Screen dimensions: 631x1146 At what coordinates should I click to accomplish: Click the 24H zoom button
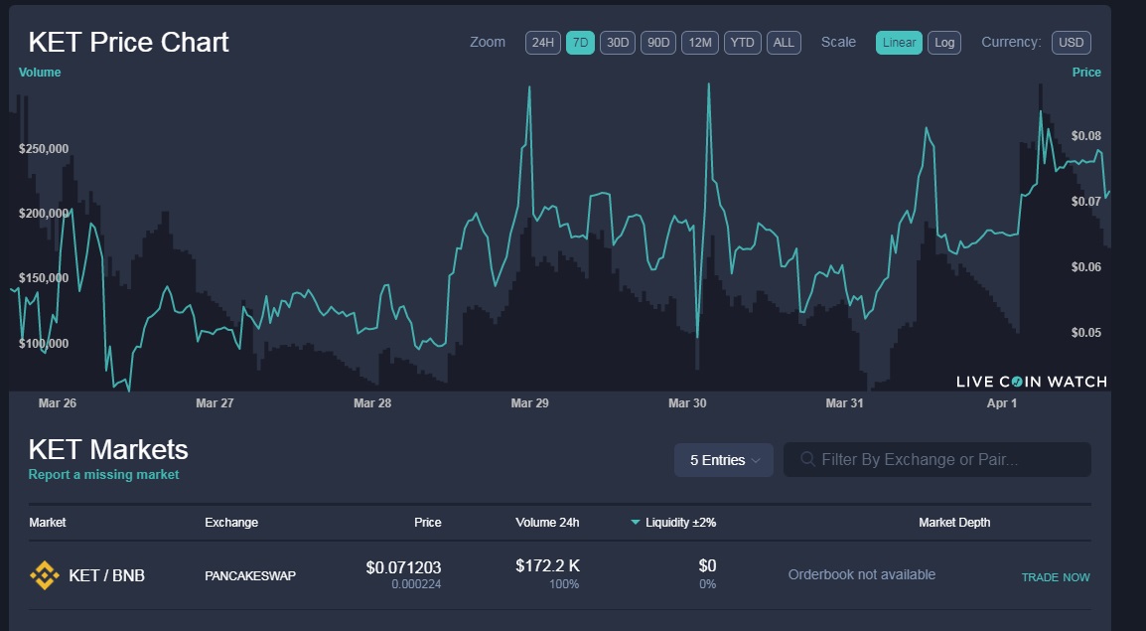pos(543,43)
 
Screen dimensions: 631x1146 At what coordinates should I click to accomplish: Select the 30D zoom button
pos(618,43)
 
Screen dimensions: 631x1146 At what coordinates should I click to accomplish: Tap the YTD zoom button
pos(742,43)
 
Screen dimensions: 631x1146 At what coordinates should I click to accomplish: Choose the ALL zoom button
pos(784,43)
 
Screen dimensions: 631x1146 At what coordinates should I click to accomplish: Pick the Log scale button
pos(944,43)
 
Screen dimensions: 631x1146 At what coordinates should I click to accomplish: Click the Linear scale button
pos(899,43)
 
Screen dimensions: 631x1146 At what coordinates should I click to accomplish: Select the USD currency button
pos(1072,43)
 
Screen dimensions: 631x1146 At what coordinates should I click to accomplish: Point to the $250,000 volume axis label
pos(44,149)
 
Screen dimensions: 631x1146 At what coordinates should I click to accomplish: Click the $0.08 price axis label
pos(1086,136)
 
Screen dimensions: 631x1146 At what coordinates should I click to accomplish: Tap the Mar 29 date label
pos(529,403)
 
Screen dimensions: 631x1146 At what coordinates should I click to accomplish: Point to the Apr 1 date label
pos(1002,403)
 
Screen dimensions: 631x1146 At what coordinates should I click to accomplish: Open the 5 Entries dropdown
pos(724,460)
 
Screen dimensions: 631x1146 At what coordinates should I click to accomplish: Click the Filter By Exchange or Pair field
pos(937,460)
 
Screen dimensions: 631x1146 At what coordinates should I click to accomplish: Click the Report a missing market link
pos(103,475)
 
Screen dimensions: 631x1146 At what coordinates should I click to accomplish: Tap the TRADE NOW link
pos(1056,577)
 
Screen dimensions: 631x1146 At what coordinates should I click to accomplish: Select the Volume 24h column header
pos(547,523)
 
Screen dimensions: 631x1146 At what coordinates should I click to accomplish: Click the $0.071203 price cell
pos(403,567)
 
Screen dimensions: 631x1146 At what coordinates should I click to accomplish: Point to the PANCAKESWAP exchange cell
pos(250,575)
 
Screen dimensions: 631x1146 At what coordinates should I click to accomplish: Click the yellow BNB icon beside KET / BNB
pos(44,575)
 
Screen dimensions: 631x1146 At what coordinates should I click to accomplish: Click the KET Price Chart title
pos(128,43)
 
